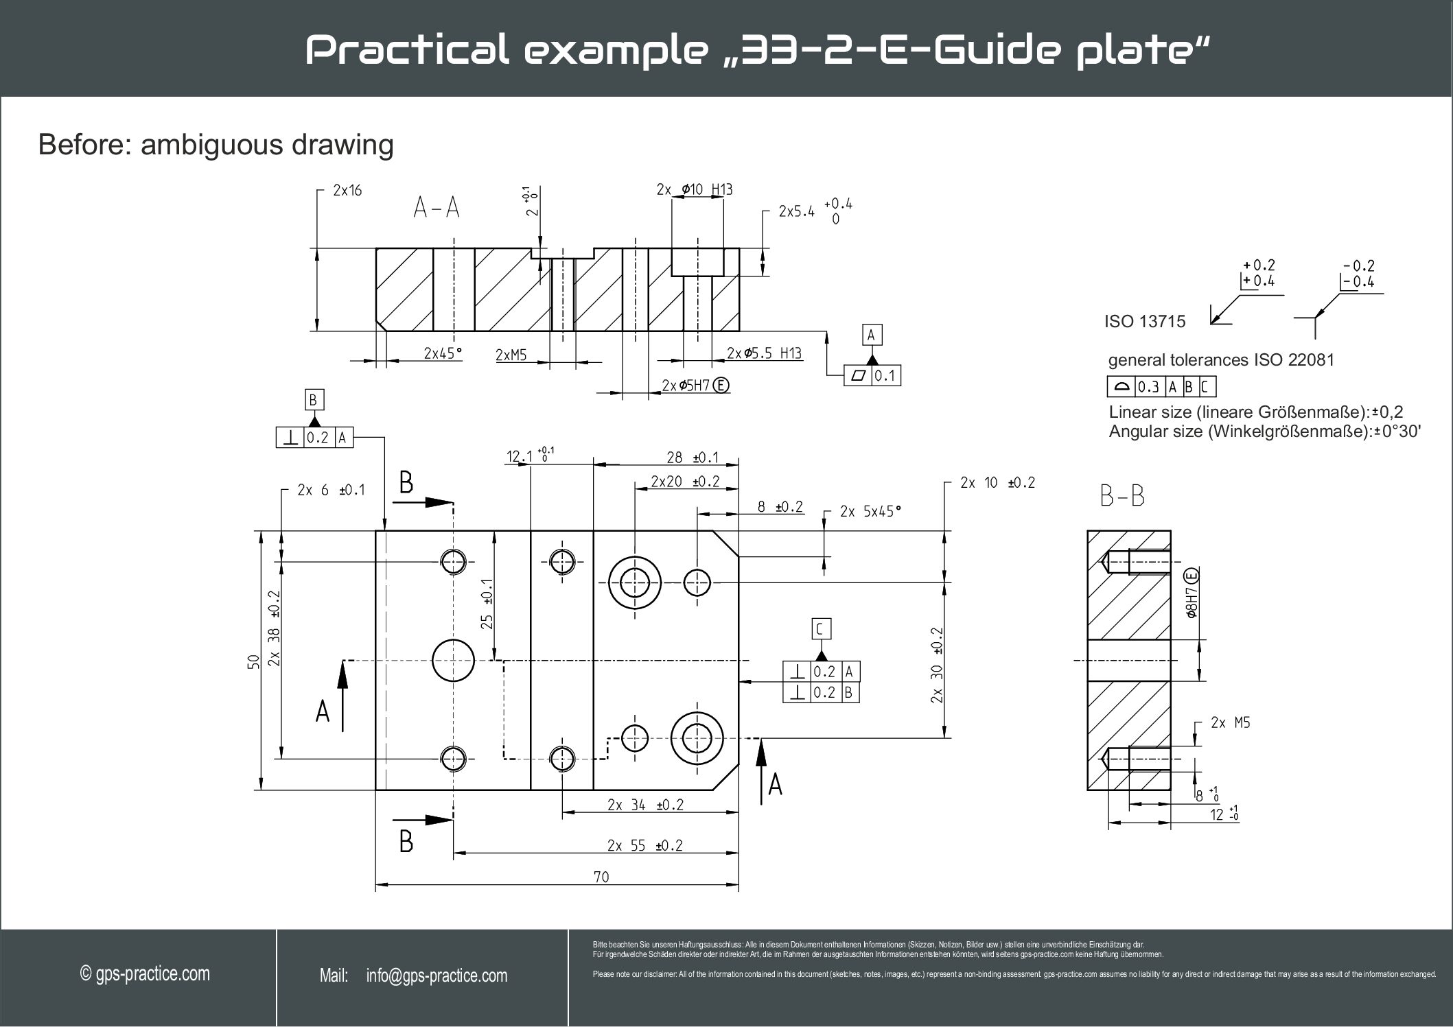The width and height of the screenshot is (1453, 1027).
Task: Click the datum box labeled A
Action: tap(871, 335)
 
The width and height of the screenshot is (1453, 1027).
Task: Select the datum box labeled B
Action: tap(313, 400)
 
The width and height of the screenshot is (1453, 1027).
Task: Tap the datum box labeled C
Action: tap(820, 628)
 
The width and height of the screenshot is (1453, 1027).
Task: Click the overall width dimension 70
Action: tap(601, 877)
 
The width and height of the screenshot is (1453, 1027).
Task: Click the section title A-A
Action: tap(437, 208)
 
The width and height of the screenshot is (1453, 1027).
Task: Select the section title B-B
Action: tap(1122, 496)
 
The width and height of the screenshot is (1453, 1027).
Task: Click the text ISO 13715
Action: tap(1144, 321)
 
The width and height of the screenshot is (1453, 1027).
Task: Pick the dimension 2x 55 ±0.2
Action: tap(644, 845)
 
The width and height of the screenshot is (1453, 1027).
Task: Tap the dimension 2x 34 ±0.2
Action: tap(645, 805)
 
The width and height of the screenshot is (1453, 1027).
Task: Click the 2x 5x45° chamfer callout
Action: tap(870, 512)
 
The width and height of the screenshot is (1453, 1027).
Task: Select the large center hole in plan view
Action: tap(453, 661)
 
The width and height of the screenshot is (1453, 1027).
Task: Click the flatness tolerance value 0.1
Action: tap(885, 376)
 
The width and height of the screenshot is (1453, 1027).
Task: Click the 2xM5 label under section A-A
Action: tap(511, 355)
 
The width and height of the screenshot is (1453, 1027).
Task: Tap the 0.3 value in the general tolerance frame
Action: tap(1148, 388)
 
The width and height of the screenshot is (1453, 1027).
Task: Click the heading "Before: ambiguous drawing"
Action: tap(216, 145)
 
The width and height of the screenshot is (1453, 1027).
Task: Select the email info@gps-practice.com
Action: tap(437, 976)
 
